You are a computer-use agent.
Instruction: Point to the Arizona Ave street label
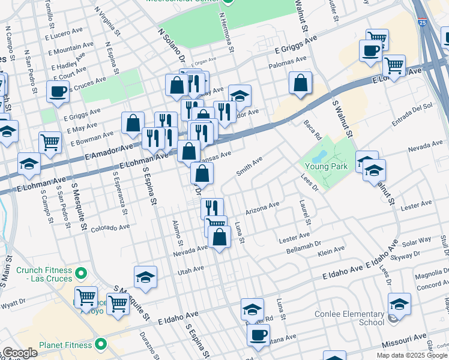262,209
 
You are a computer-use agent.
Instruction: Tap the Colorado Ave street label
110,228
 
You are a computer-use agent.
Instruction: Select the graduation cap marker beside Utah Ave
145,277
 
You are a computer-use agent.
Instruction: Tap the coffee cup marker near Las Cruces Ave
58,92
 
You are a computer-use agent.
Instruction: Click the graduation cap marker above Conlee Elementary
400,304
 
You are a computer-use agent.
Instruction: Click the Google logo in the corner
20,353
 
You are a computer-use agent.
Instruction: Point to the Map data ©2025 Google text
411,355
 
